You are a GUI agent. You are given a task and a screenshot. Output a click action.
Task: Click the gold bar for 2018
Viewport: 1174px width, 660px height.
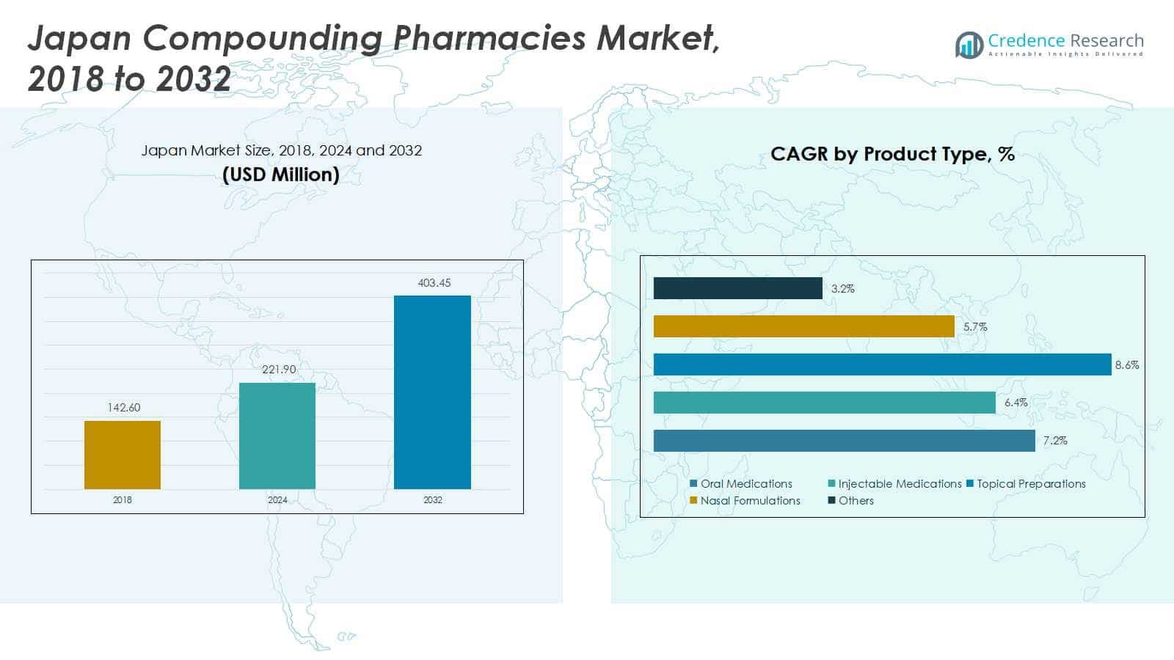pyautogui.click(x=123, y=455)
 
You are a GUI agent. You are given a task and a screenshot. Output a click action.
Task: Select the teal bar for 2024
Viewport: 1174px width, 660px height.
pyautogui.click(x=277, y=436)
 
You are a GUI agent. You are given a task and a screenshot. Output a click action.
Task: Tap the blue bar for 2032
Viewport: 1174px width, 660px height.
pyautogui.click(x=432, y=392)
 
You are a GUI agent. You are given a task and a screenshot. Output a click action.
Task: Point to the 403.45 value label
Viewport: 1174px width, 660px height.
pyautogui.click(x=434, y=283)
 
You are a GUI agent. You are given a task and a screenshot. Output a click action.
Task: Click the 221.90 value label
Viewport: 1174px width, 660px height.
pyautogui.click(x=279, y=370)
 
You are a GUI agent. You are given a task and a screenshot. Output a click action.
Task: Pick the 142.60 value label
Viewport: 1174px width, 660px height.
pyautogui.click(x=124, y=408)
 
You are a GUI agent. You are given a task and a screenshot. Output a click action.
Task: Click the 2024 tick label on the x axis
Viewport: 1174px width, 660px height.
pyautogui.click(x=277, y=499)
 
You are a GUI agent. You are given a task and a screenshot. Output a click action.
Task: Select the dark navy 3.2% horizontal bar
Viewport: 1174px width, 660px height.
pyautogui.click(x=738, y=288)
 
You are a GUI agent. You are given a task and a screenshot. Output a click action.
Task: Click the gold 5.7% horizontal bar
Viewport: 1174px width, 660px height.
pyautogui.click(x=804, y=326)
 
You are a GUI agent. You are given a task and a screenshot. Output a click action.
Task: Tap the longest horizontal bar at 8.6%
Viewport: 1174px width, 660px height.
pyautogui.click(x=883, y=364)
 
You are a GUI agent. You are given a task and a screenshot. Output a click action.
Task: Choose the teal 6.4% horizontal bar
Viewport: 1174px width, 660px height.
pyautogui.click(x=825, y=403)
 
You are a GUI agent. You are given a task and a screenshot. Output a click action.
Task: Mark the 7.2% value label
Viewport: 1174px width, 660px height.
pyautogui.click(x=1055, y=441)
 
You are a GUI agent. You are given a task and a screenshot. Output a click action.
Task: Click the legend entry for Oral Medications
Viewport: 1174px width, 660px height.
pyautogui.click(x=741, y=483)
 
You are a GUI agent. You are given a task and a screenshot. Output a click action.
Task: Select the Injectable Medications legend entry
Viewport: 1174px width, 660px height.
pyautogui.click(x=894, y=483)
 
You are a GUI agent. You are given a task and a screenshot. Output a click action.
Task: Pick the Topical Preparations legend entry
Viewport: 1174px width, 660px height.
pyautogui.click(x=1026, y=483)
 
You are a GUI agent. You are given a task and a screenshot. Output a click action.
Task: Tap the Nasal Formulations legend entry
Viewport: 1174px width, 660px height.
pyautogui.click(x=745, y=500)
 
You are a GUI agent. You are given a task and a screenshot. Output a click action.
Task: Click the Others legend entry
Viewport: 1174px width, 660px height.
pyautogui.click(x=850, y=500)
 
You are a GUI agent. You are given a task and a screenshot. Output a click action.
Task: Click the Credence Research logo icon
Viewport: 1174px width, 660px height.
pyautogui.click(x=969, y=45)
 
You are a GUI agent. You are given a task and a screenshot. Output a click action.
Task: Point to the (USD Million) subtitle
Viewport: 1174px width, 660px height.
pyautogui.click(x=281, y=175)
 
